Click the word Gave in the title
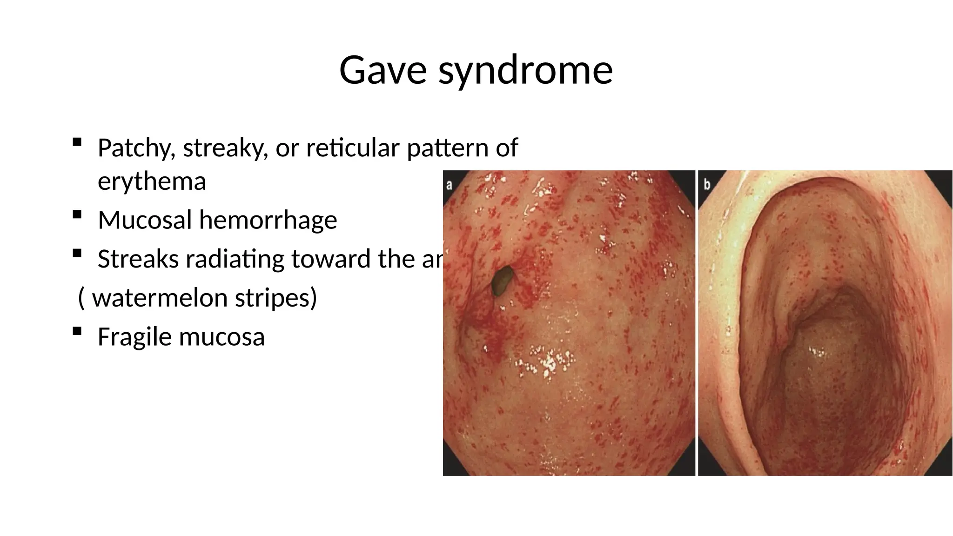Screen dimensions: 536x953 tap(383, 70)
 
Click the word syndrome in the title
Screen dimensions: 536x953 tap(525, 71)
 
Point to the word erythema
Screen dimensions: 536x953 tap(152, 181)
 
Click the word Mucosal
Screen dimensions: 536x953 tap(145, 220)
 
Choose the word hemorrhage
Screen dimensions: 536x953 tap(268, 220)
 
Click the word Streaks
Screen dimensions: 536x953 tap(138, 259)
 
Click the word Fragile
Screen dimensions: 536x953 tap(134, 337)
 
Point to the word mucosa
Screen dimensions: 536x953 tap(221, 337)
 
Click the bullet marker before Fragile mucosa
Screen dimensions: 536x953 tap(77, 331)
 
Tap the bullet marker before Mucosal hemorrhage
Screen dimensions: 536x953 tap(77, 214)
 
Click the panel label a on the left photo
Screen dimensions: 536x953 tap(450, 185)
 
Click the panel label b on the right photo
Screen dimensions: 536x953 tap(707, 185)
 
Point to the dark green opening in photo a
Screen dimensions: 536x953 tap(502, 281)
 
